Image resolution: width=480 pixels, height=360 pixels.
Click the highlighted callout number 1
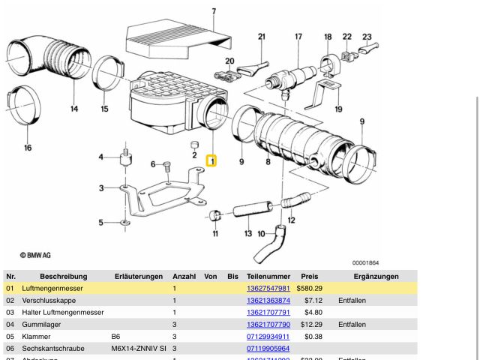click(x=211, y=160)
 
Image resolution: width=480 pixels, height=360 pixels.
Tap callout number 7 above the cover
click(x=213, y=11)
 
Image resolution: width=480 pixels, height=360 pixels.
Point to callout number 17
click(x=298, y=36)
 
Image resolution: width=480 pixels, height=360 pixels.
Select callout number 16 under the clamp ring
click(x=28, y=148)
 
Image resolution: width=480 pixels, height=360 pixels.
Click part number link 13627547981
click(x=268, y=289)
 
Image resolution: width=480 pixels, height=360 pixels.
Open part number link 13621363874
click(x=268, y=301)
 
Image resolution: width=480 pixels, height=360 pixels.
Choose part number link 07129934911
click(x=268, y=337)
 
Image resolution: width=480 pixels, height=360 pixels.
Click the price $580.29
click(x=309, y=289)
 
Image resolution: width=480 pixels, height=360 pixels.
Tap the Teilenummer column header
click(x=268, y=277)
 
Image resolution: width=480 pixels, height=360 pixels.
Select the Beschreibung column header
click(x=63, y=277)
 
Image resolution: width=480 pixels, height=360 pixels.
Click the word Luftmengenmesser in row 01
click(x=52, y=289)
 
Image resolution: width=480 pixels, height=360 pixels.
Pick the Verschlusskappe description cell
click(x=49, y=301)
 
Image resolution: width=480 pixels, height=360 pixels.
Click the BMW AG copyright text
click(x=36, y=255)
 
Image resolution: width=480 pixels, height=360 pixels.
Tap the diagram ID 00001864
click(x=365, y=262)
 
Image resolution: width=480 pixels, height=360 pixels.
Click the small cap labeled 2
click(x=194, y=144)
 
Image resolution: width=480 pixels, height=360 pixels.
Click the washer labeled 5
click(x=124, y=223)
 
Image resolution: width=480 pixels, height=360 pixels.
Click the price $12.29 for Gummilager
click(x=310, y=325)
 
